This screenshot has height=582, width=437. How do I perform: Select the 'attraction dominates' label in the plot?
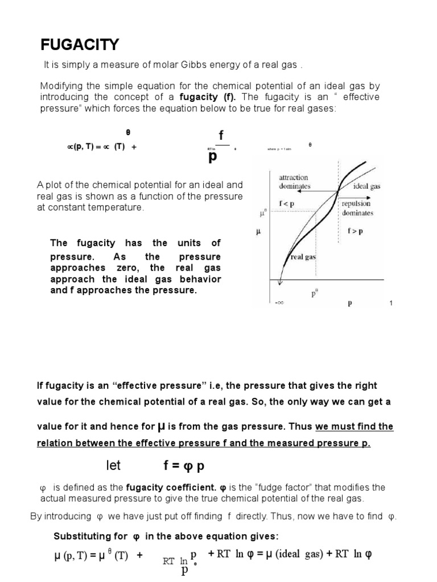[294, 182]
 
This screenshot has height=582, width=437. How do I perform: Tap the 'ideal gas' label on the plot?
[367, 186]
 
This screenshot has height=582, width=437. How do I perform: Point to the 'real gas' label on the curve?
[303, 257]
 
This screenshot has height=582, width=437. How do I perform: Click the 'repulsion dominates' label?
[357, 208]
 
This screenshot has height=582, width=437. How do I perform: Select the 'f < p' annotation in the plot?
[287, 203]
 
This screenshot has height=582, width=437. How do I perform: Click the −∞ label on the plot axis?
[279, 304]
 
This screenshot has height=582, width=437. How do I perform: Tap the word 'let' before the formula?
[114, 466]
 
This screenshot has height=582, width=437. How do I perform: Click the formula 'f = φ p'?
[184, 467]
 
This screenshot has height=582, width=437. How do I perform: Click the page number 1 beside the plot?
[391, 304]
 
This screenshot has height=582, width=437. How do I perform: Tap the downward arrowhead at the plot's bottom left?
[279, 282]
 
